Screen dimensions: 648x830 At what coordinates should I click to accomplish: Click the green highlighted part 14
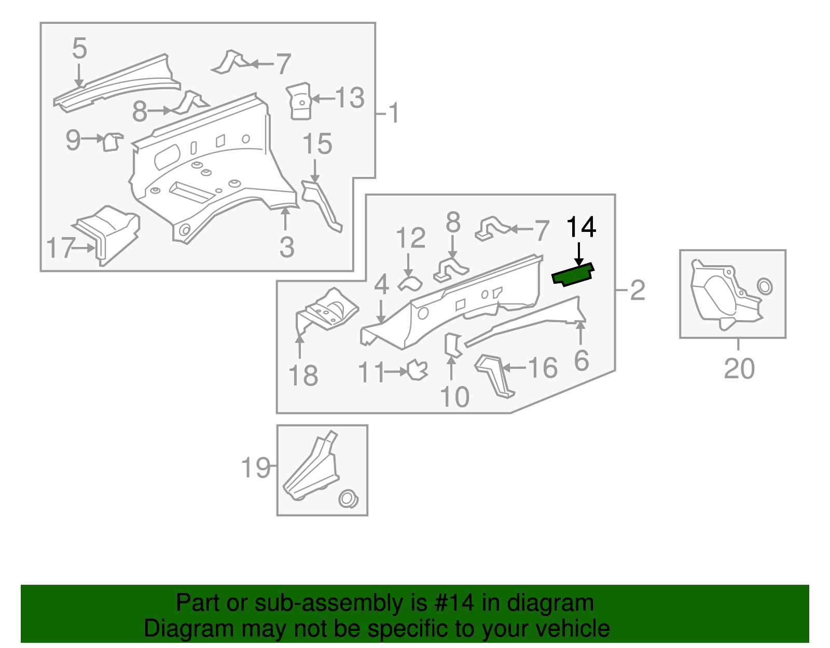point(573,275)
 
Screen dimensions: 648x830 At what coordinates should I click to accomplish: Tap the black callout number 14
point(581,227)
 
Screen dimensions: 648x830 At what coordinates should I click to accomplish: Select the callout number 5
point(79,48)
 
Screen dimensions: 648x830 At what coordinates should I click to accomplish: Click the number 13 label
point(350,98)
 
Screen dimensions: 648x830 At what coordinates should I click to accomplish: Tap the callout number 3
point(286,247)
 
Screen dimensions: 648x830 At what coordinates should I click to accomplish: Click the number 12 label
point(410,238)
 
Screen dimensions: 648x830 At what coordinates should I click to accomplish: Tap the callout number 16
point(543,368)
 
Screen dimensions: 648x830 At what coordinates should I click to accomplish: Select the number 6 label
point(582,360)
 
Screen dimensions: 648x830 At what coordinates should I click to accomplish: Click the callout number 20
point(739,369)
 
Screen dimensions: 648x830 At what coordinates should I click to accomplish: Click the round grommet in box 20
point(765,286)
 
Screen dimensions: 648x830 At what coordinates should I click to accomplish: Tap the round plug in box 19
point(347,499)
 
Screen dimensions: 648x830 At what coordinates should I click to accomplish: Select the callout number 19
point(256,468)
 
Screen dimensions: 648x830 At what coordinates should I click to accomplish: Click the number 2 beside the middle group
point(637,290)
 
